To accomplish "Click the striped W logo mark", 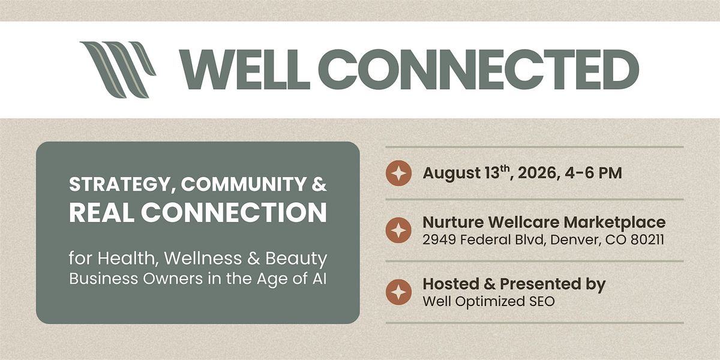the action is [118, 70].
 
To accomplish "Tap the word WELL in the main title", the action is [245, 70].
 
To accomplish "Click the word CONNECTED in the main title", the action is [479, 70].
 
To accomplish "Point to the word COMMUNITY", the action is [244, 184].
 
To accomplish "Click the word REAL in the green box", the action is [102, 212].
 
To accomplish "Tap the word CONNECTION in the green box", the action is [234, 212].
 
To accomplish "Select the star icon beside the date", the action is [398, 173].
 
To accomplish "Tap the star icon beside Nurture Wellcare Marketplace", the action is [398, 230].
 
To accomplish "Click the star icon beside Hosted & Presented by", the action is [398, 292].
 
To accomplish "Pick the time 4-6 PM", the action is [593, 173].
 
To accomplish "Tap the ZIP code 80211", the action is [647, 240].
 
